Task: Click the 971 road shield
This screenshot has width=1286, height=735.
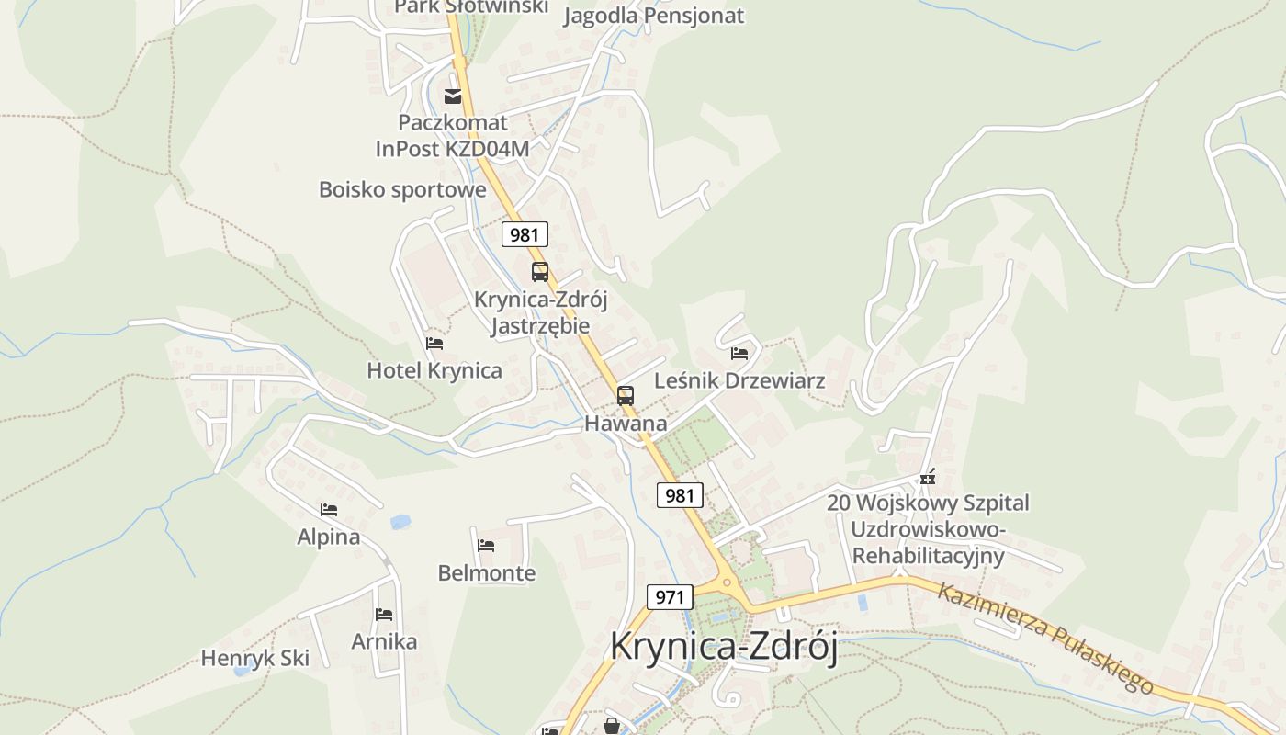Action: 670,597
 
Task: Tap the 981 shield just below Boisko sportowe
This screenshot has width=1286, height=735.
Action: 525,234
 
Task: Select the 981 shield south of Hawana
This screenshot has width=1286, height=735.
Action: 680,495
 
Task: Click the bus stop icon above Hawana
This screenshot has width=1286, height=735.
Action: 626,396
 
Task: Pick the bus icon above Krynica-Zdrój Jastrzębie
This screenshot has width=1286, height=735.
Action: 540,272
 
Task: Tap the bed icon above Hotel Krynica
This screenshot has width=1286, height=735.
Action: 434,344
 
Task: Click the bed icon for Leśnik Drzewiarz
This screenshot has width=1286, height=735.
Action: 739,353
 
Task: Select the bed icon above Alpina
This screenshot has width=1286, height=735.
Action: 329,509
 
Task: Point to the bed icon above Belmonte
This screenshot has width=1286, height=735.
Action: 486,546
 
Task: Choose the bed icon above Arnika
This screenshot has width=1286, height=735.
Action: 384,614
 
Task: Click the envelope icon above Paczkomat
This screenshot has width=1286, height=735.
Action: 453,96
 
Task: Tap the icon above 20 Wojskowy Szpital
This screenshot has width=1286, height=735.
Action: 928,477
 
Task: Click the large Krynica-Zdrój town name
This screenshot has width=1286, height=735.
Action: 724,647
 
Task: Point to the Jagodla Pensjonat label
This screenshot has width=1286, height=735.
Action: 653,16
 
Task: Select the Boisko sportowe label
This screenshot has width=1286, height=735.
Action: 402,190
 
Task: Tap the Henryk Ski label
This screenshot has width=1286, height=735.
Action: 255,658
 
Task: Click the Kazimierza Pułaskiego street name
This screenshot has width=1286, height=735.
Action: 1045,638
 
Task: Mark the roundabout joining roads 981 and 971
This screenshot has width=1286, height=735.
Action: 728,582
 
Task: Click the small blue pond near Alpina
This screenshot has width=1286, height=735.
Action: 400,522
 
